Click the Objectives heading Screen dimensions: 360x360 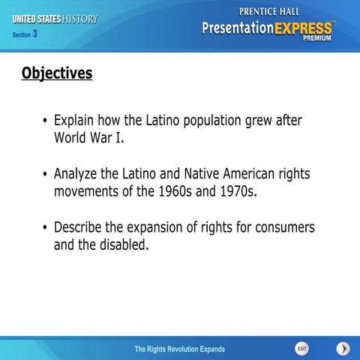57,73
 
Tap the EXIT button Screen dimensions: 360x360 301,349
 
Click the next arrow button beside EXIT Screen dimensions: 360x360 343,349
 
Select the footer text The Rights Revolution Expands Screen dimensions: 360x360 179,349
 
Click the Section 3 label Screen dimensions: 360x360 25,34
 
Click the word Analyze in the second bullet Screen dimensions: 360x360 78,173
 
